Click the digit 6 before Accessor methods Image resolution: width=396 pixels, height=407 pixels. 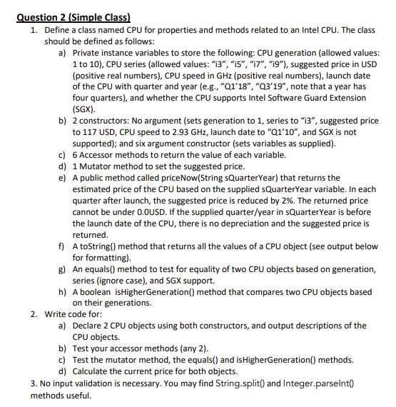(75, 155)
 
